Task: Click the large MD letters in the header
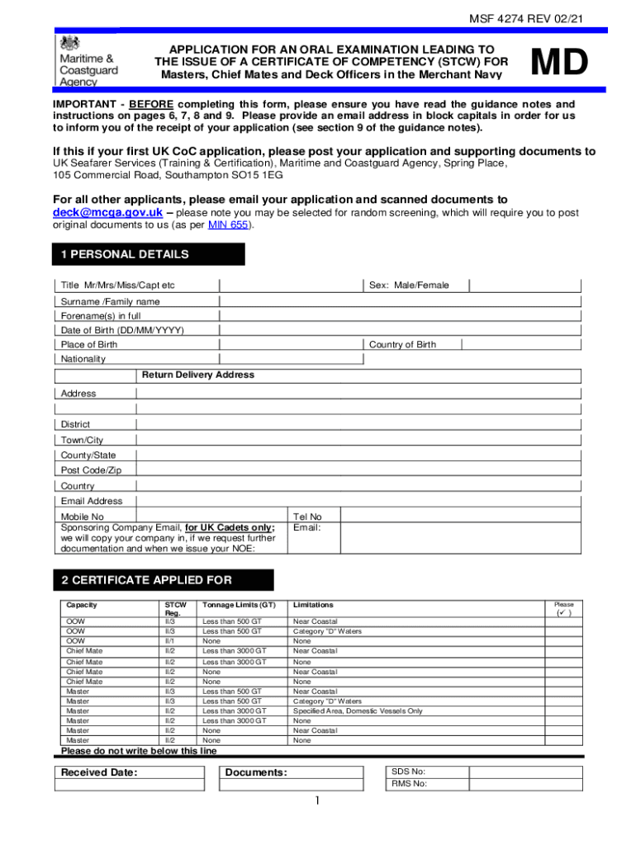(x=559, y=64)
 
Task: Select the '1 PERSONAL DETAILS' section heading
(x=125, y=255)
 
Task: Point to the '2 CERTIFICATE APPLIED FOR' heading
(x=147, y=580)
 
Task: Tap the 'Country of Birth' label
(x=402, y=345)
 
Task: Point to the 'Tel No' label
(x=307, y=517)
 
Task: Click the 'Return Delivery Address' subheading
(x=198, y=375)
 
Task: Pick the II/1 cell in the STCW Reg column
(x=170, y=641)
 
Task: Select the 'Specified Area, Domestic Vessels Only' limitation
(x=358, y=711)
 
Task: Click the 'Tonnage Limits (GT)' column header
(x=239, y=605)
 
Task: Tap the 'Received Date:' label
(x=99, y=773)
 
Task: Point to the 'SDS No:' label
(x=408, y=772)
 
